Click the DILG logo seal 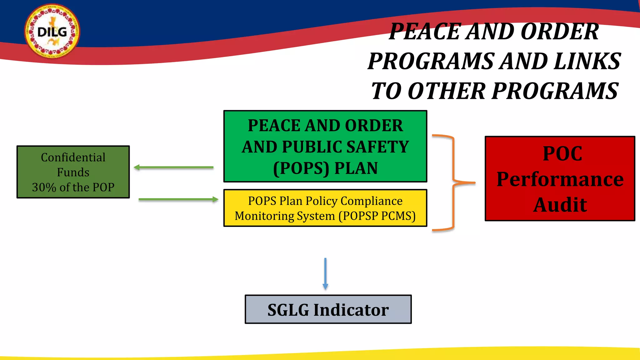pos(52,31)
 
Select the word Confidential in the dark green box pos(73,157)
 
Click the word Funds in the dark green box pos(73,172)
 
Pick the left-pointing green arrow pos(173,167)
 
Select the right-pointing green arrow pos(178,199)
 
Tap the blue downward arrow pos(325,273)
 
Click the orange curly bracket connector pos(453,182)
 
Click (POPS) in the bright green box pos(301,168)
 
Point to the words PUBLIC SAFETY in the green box pos(345,147)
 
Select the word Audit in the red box pos(560,205)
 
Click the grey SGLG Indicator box pos(328,309)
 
